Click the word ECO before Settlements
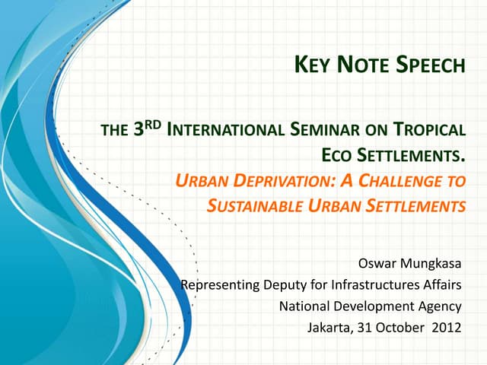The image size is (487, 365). (x=338, y=157)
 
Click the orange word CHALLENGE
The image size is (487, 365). (x=403, y=181)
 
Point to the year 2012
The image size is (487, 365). (x=447, y=328)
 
